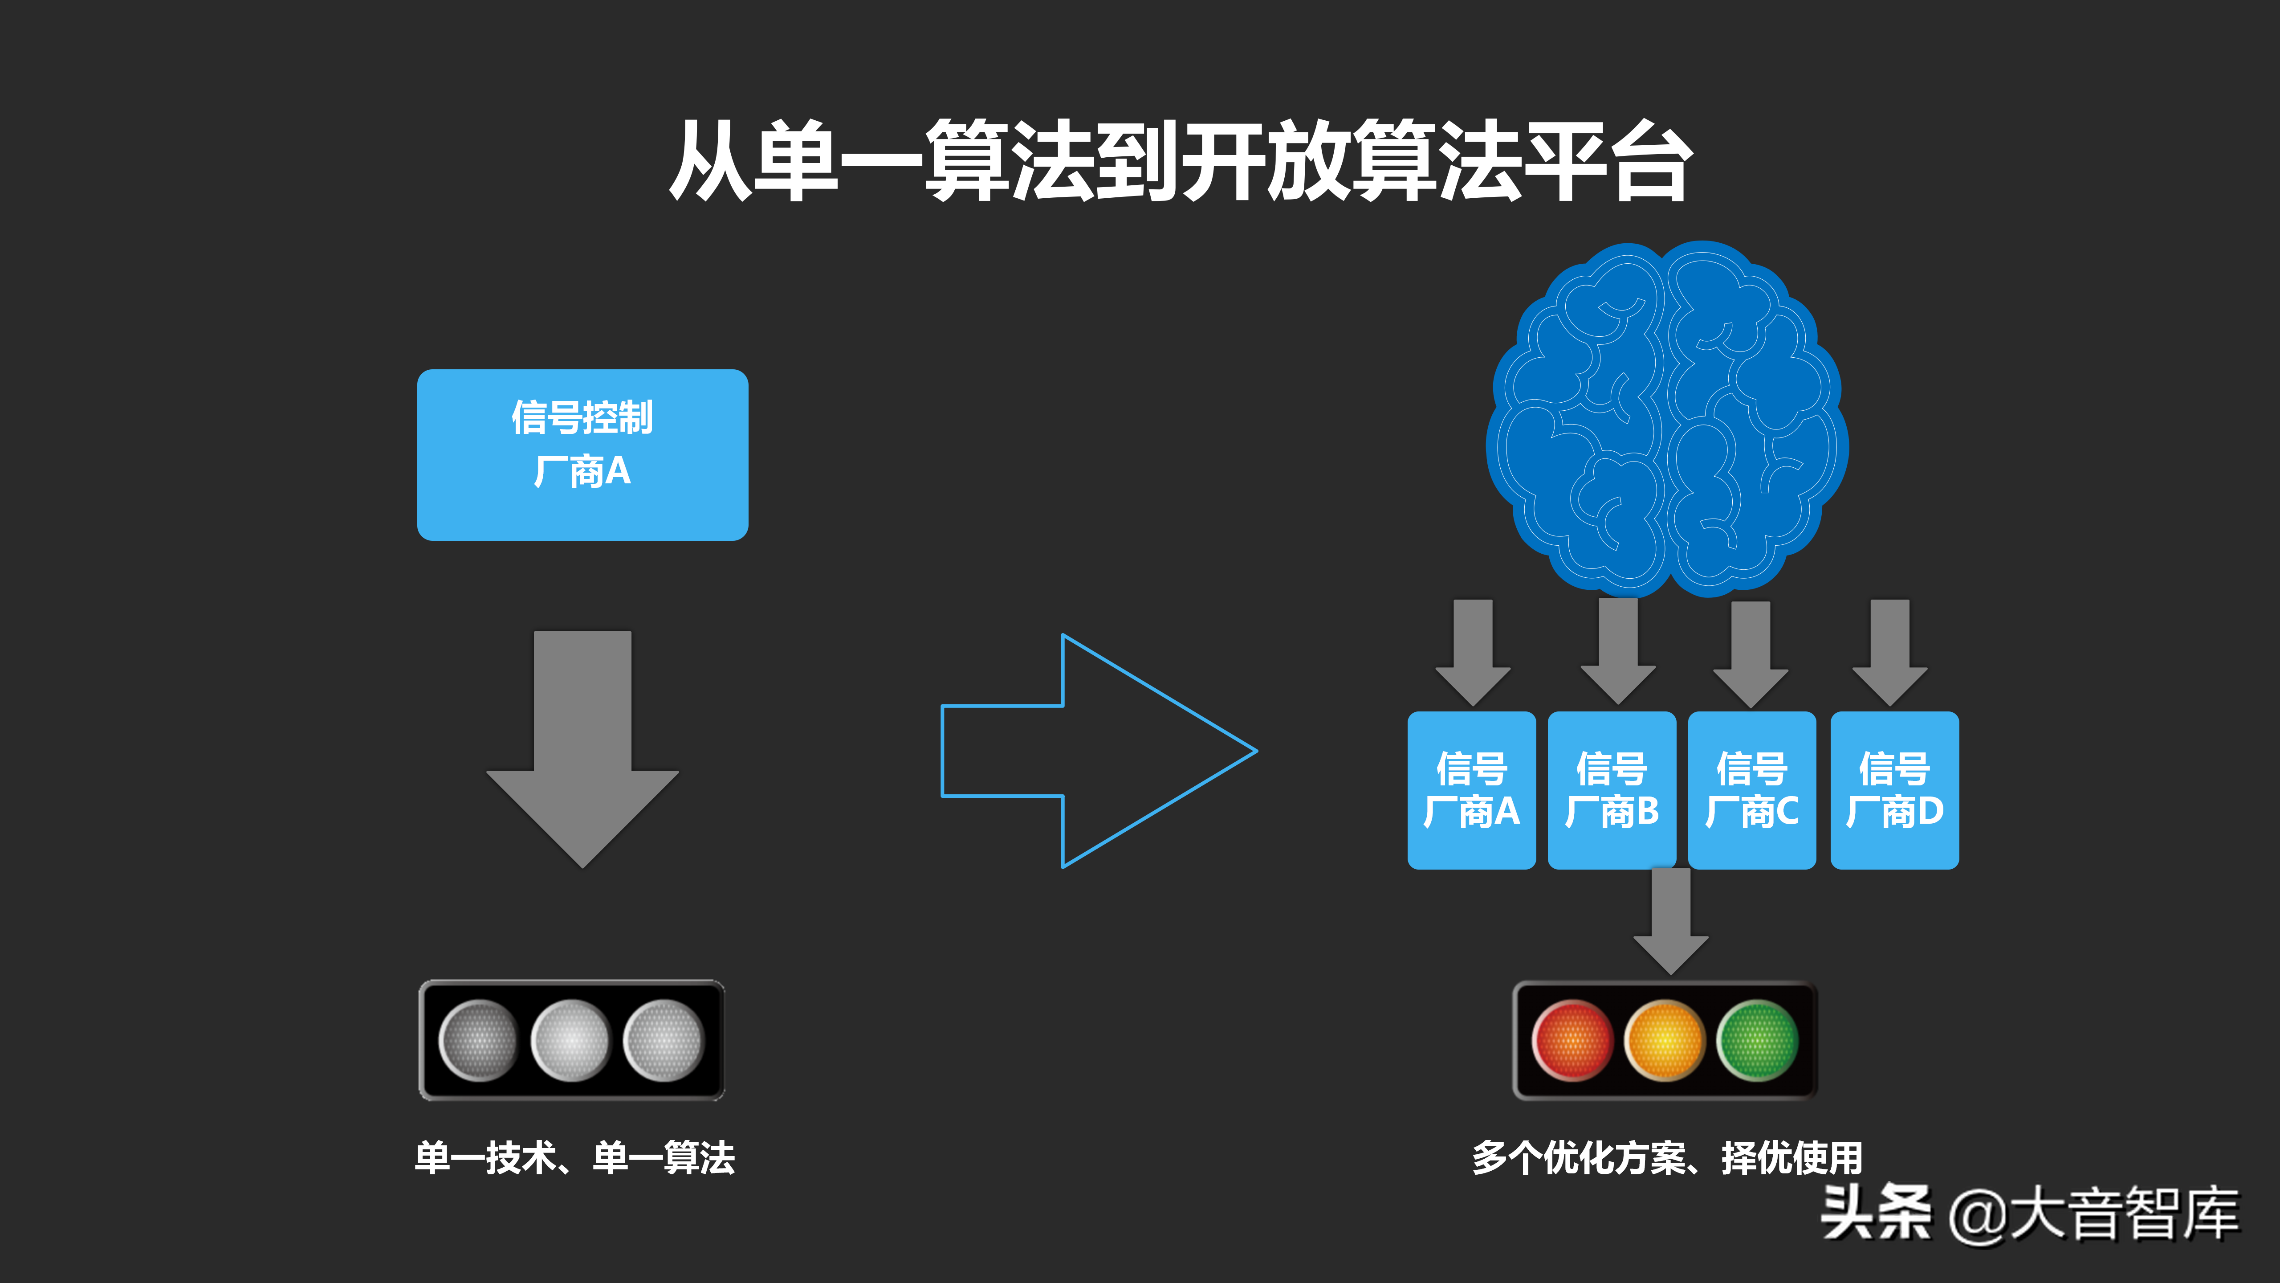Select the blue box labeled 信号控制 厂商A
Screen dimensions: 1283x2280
point(582,454)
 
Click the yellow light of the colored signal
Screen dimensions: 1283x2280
point(1665,1040)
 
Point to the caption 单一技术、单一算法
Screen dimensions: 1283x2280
point(575,1157)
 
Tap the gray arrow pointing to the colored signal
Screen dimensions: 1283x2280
point(1670,925)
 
